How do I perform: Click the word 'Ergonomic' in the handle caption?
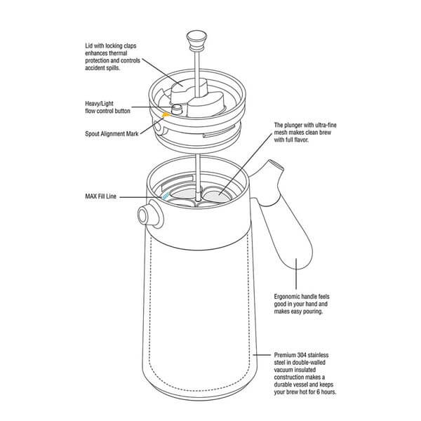[x=291, y=296]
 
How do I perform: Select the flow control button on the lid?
[x=177, y=108]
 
